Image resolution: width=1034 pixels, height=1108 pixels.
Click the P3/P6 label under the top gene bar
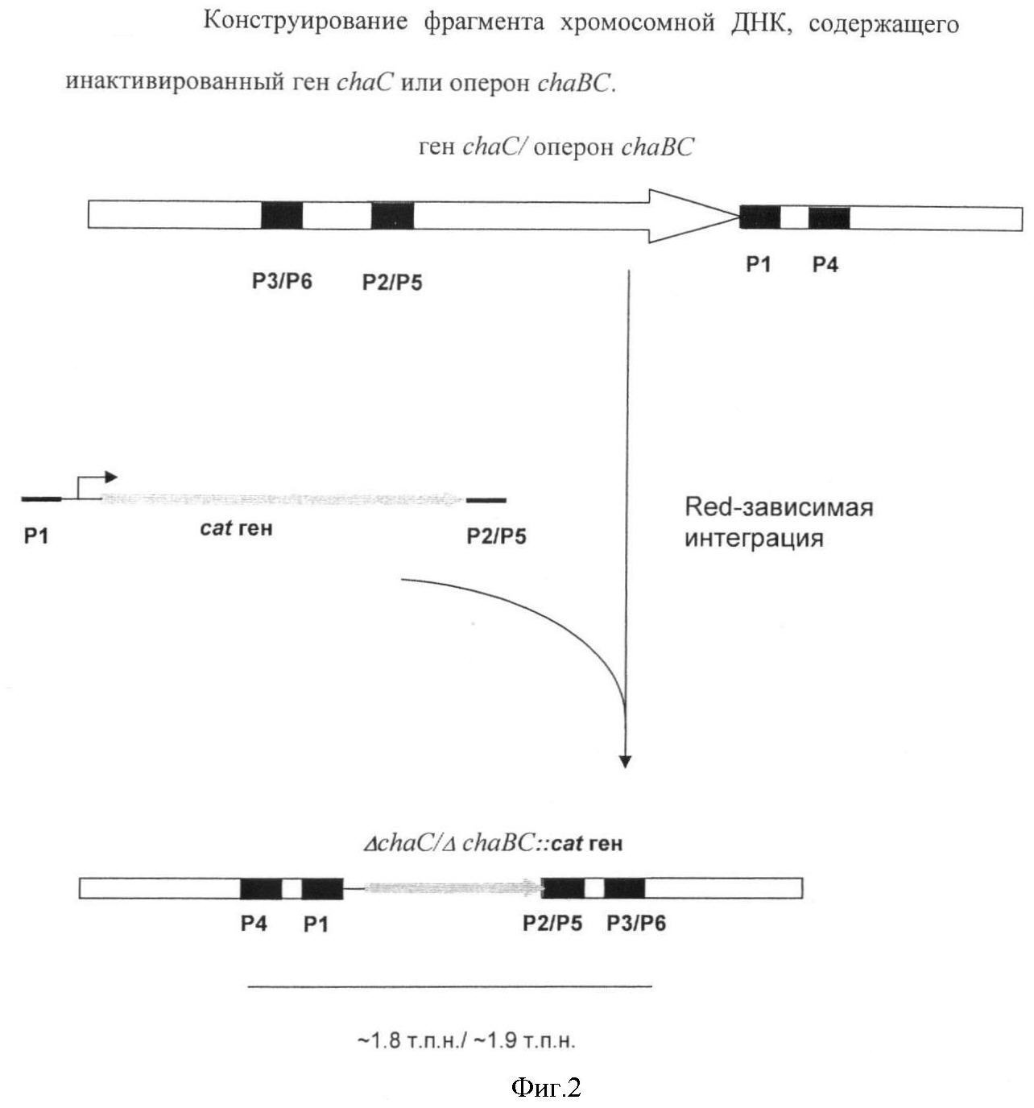[282, 281]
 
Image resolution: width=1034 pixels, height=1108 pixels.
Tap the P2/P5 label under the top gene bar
[392, 283]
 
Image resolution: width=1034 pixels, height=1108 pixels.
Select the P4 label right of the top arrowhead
[825, 264]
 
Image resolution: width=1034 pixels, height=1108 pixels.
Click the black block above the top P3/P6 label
[282, 215]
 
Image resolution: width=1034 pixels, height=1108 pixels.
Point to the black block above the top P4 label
[829, 217]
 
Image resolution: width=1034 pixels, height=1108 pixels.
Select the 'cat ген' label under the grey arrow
[236, 527]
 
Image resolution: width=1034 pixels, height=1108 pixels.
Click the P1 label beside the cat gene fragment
[36, 536]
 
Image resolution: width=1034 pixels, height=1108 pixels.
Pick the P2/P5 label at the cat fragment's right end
[496, 536]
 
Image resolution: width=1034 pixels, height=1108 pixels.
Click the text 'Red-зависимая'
[779, 507]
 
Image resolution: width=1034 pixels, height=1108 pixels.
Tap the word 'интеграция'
[754, 539]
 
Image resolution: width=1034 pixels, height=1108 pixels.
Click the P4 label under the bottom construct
[254, 924]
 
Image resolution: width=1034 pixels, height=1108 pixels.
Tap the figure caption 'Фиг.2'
[546, 1085]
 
